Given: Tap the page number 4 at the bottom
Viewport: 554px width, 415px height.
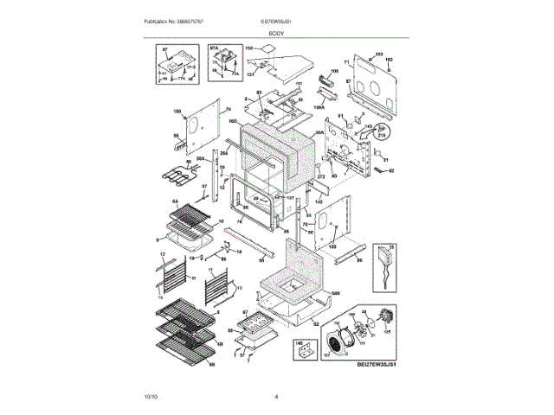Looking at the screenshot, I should click(276, 396).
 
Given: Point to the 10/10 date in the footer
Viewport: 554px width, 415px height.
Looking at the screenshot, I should click(151, 396).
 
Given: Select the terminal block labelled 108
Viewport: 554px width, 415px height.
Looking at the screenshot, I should click(328, 82).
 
